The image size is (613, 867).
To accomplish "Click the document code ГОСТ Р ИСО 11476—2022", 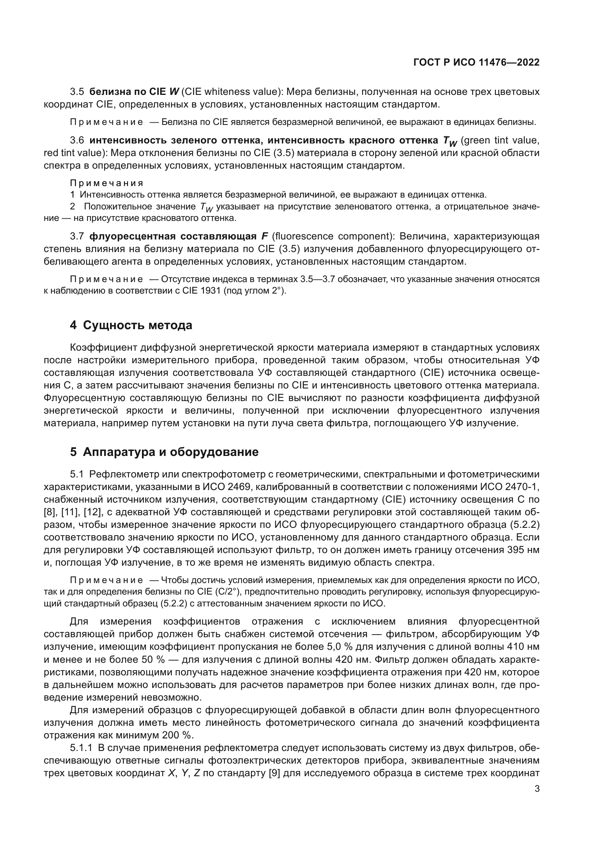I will pyautogui.click(x=476, y=62).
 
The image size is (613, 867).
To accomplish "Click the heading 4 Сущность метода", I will pyautogui.click(x=131, y=325).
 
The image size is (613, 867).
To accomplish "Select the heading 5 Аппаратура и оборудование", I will pyautogui.click(x=164, y=452).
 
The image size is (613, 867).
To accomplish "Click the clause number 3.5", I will pyautogui.click(x=77, y=92).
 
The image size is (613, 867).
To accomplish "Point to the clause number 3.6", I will pyautogui.click(x=77, y=140).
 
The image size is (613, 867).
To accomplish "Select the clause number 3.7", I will pyautogui.click(x=77, y=237).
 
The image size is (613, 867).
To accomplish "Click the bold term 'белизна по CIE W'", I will pyautogui.click(x=134, y=92).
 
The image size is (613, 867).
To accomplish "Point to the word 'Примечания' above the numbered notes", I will pyautogui.click(x=107, y=183).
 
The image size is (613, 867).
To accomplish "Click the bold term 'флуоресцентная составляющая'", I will pyautogui.click(x=173, y=237).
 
